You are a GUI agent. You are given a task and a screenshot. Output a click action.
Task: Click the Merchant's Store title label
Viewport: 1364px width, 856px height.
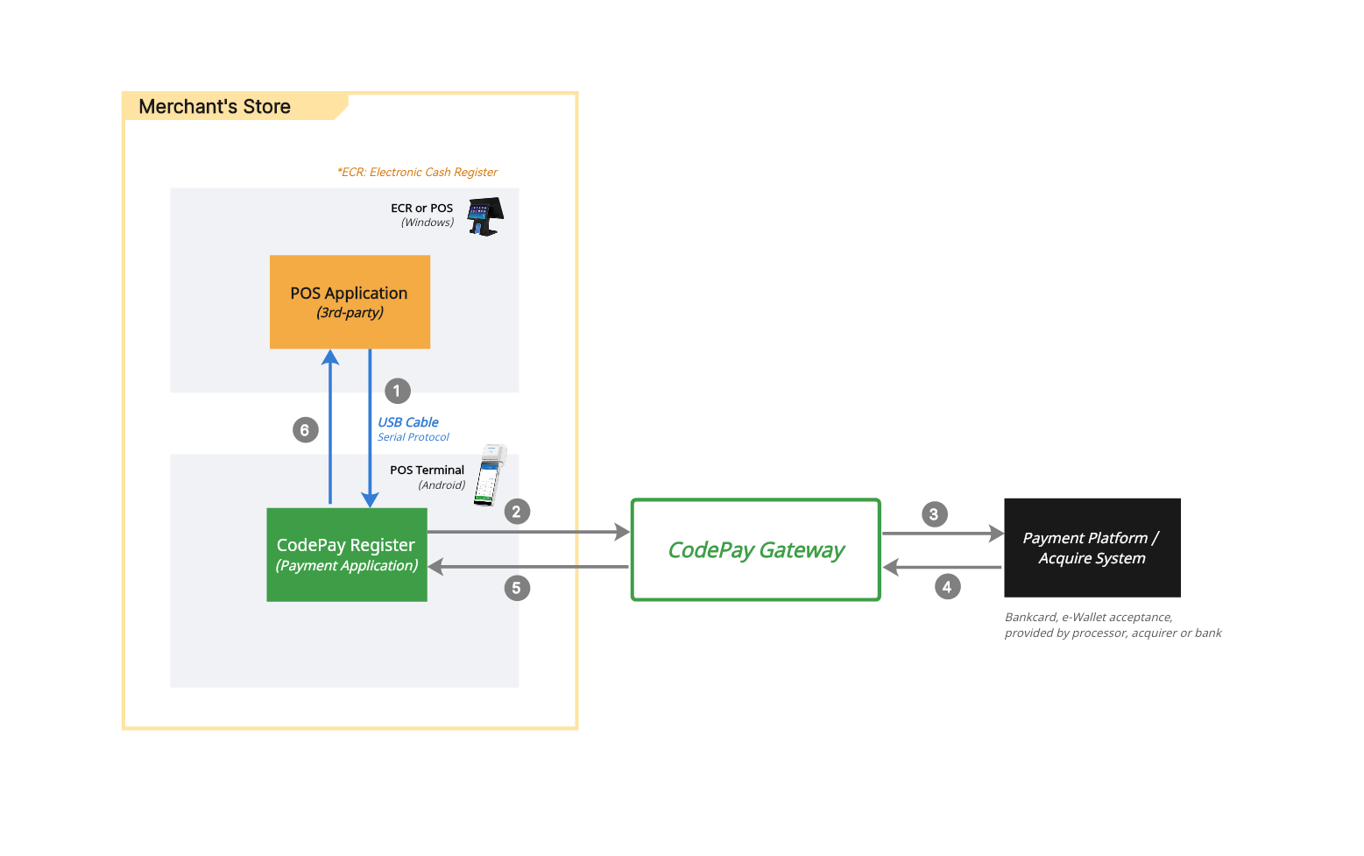pos(215,107)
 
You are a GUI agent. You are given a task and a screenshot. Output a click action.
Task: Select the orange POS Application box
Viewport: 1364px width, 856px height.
pos(350,301)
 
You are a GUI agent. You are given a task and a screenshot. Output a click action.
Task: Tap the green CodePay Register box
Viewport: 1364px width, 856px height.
pos(347,555)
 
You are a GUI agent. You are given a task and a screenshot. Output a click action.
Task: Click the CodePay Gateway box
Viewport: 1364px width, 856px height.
pos(755,550)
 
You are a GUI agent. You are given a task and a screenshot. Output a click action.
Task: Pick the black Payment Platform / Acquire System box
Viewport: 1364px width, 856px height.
pos(1092,548)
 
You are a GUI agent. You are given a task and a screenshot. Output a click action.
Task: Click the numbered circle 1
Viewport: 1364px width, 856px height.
pos(397,391)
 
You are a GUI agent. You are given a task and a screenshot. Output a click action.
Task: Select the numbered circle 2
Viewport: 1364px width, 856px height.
pos(517,512)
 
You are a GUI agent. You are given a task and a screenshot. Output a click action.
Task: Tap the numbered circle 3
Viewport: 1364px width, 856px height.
pos(934,514)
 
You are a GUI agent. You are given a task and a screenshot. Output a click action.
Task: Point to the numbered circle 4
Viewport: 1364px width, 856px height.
pos(947,587)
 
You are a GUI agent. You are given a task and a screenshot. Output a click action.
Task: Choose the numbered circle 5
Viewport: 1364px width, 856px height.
pos(517,588)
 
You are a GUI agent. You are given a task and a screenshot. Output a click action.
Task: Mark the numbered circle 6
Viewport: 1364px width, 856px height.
pos(305,430)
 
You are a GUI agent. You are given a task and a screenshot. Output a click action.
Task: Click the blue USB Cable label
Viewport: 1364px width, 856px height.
pos(408,422)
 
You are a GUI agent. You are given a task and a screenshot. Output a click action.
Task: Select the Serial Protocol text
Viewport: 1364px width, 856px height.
pos(413,437)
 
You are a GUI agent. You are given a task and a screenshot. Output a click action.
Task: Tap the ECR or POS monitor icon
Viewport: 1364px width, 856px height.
pos(484,216)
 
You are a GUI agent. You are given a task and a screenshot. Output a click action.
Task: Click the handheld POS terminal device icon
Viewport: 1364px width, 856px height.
pos(491,475)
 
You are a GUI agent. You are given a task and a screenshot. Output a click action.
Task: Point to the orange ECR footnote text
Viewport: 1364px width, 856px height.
pos(417,173)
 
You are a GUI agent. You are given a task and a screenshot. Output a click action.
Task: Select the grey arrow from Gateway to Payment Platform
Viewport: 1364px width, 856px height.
pos(942,533)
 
